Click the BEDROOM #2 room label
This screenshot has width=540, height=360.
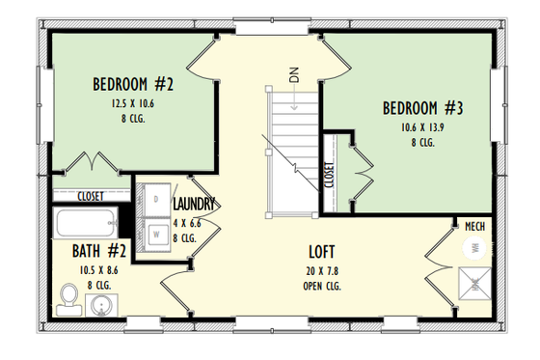tap(146, 83)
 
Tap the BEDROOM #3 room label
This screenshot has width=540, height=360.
tap(423, 108)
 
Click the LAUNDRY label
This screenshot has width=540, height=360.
tap(194, 205)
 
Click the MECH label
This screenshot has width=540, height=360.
tap(474, 227)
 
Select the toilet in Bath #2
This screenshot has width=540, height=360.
tap(67, 298)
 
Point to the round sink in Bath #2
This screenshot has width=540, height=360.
tap(103, 307)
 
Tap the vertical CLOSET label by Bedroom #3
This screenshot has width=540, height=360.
tap(330, 175)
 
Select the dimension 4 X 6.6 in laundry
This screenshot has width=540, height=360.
tap(185, 221)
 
